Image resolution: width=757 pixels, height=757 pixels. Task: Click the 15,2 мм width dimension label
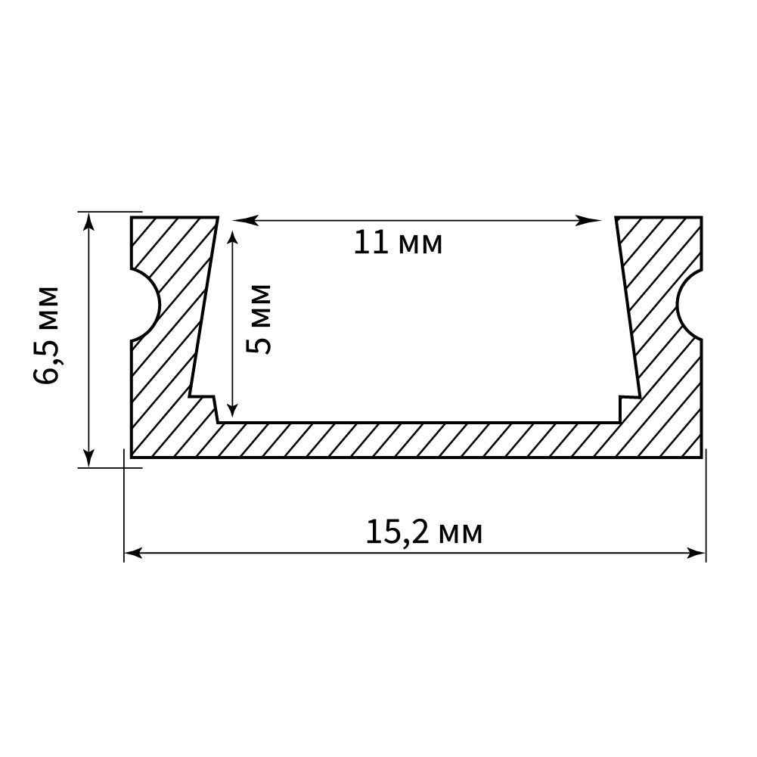coord(424,533)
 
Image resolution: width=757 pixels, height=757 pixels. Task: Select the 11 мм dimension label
coord(398,243)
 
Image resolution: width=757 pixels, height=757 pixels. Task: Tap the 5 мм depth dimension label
coord(259,319)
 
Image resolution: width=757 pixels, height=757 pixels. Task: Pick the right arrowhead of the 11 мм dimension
coord(590,221)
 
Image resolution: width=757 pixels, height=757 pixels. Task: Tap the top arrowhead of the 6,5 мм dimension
coord(88,222)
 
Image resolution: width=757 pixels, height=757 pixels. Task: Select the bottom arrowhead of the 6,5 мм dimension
coord(88,457)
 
